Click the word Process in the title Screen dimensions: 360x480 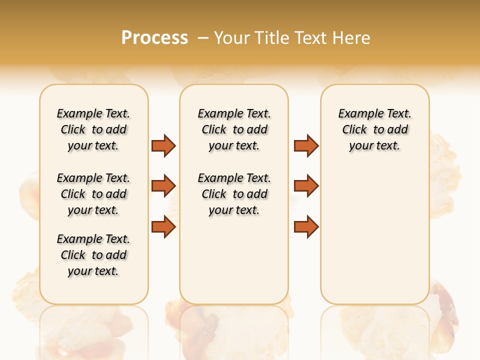click(x=154, y=38)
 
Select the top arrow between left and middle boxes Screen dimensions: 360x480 click(x=163, y=145)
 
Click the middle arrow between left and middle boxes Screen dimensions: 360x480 click(x=163, y=186)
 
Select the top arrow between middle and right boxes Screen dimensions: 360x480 click(x=306, y=145)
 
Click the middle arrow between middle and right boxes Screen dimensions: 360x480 click(x=306, y=186)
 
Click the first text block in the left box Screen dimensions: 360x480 click(x=93, y=129)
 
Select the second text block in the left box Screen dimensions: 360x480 click(x=93, y=194)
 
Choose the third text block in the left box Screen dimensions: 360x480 click(x=93, y=255)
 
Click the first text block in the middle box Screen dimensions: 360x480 click(x=234, y=129)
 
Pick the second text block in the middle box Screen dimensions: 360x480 click(x=234, y=194)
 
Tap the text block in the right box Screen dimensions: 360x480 click(x=374, y=129)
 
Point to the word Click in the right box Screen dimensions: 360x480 click(x=354, y=130)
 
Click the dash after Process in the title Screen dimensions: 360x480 click(x=203, y=38)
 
